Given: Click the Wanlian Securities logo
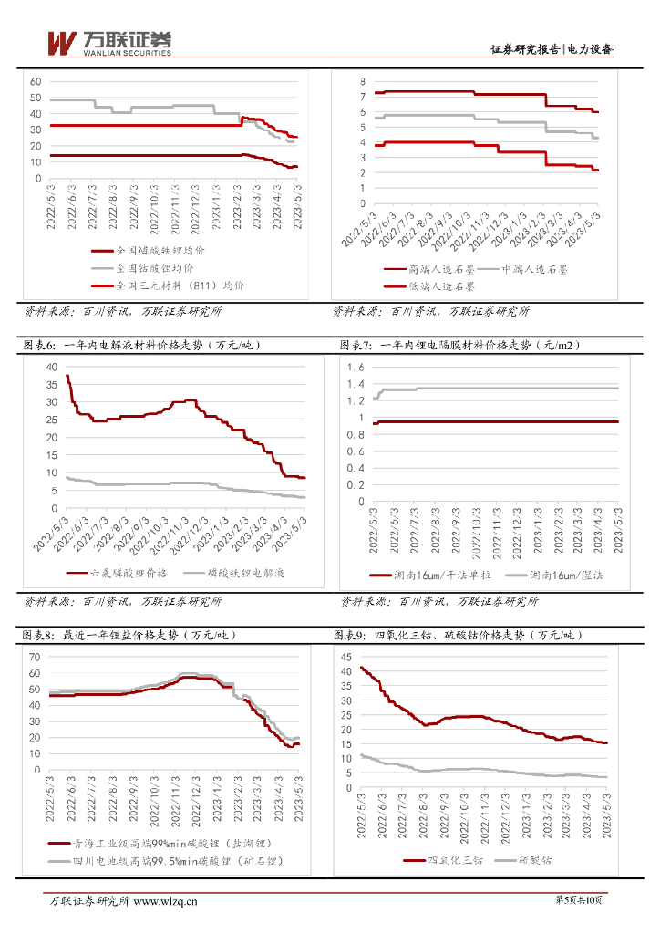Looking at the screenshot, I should coord(108,42).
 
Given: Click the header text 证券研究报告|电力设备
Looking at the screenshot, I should coord(552,50).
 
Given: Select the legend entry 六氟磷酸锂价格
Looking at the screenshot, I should coord(123,573).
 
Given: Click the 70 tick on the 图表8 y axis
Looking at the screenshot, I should coord(36,657).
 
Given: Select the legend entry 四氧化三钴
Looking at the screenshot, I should coord(442,859).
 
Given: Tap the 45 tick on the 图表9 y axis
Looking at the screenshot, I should coord(345,657).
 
